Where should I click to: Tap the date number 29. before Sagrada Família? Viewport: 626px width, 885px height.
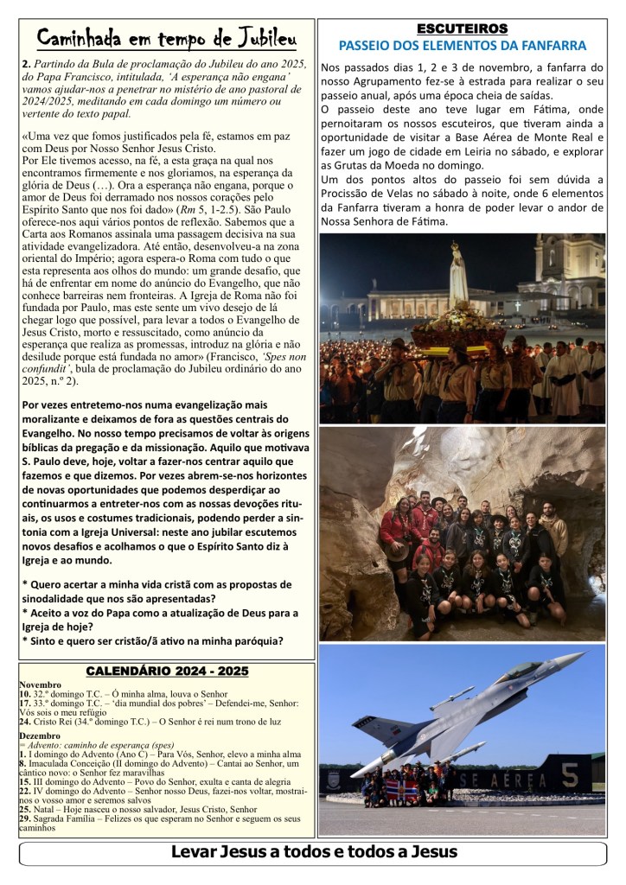pos(24,818)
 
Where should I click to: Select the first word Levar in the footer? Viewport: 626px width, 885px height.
pos(198,852)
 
